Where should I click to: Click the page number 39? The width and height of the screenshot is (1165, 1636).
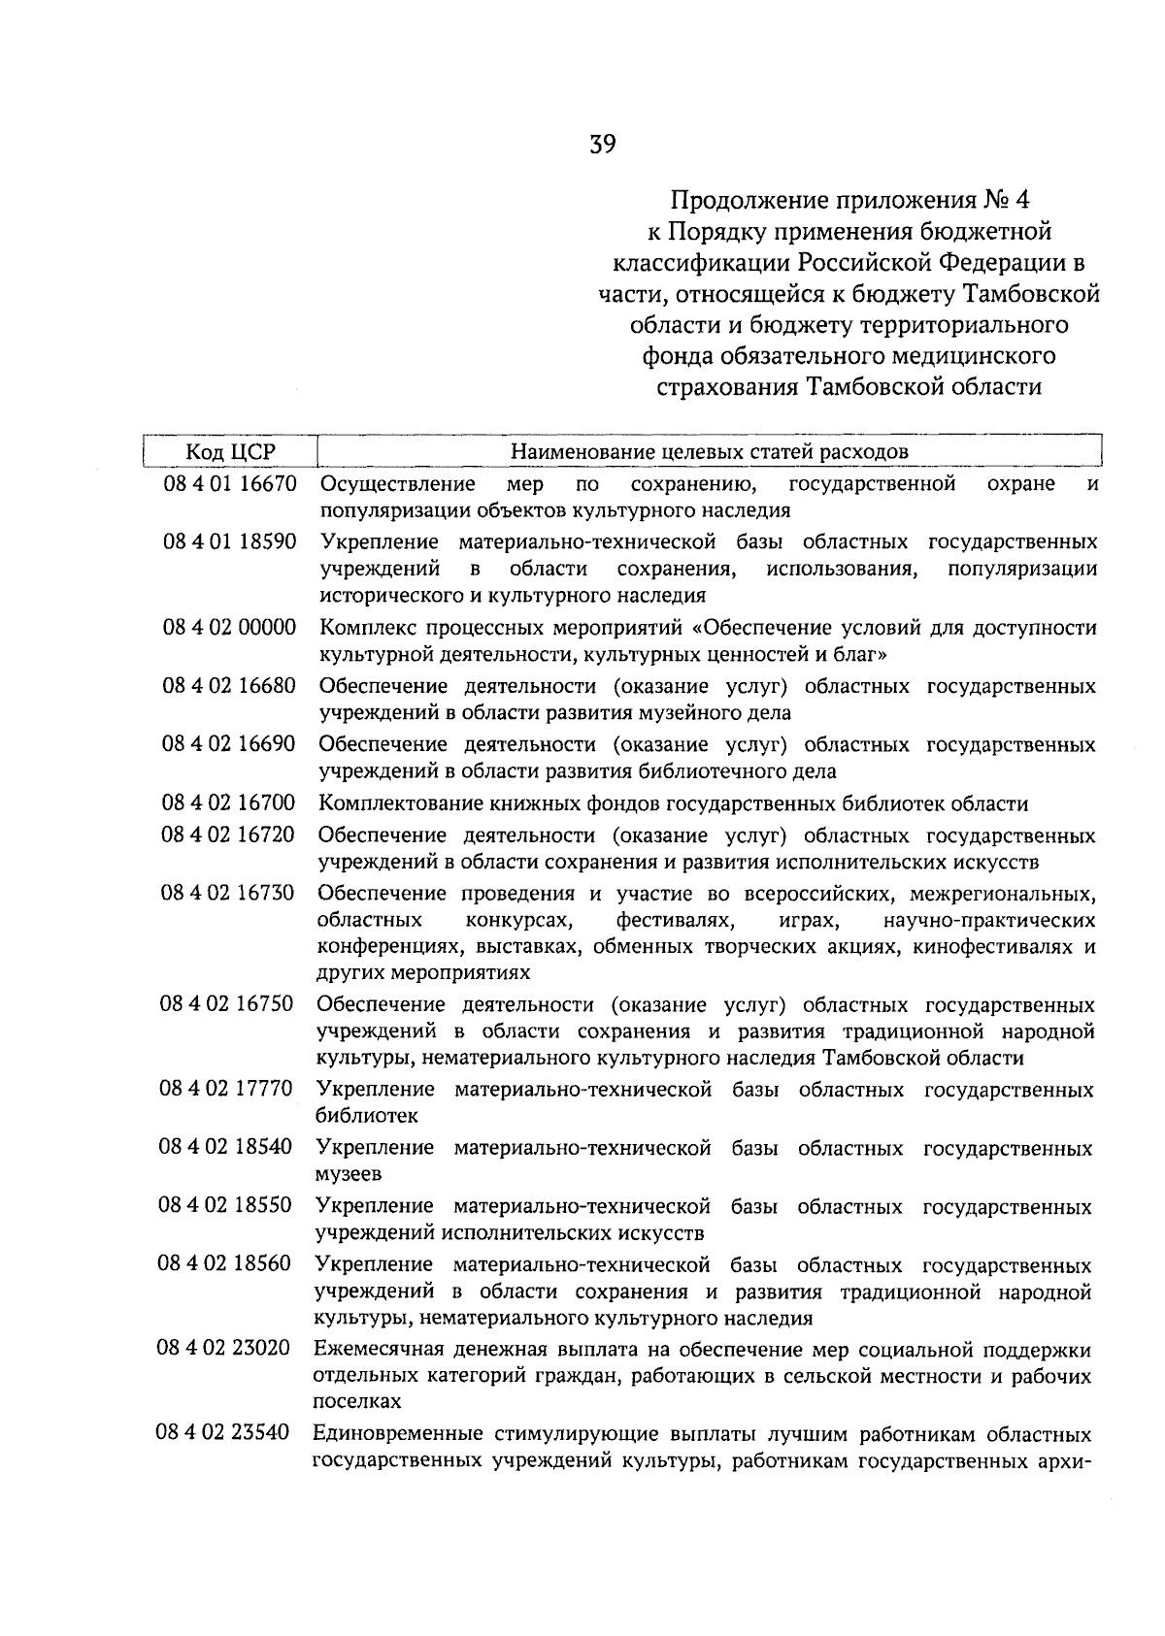tap(602, 146)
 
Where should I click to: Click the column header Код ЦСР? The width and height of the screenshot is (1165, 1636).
tap(231, 452)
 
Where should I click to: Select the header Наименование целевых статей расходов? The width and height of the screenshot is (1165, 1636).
tap(710, 452)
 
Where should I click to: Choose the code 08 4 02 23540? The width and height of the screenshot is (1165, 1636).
tap(223, 1432)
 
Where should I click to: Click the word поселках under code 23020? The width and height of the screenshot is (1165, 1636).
tap(356, 1402)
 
